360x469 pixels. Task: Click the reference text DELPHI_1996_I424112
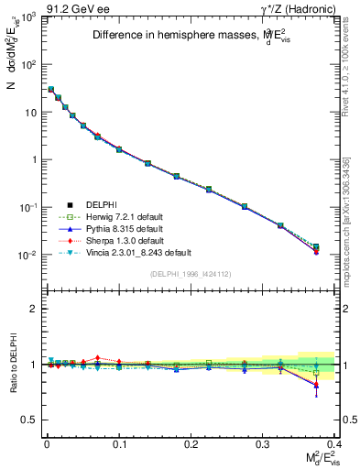coord(191,272)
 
